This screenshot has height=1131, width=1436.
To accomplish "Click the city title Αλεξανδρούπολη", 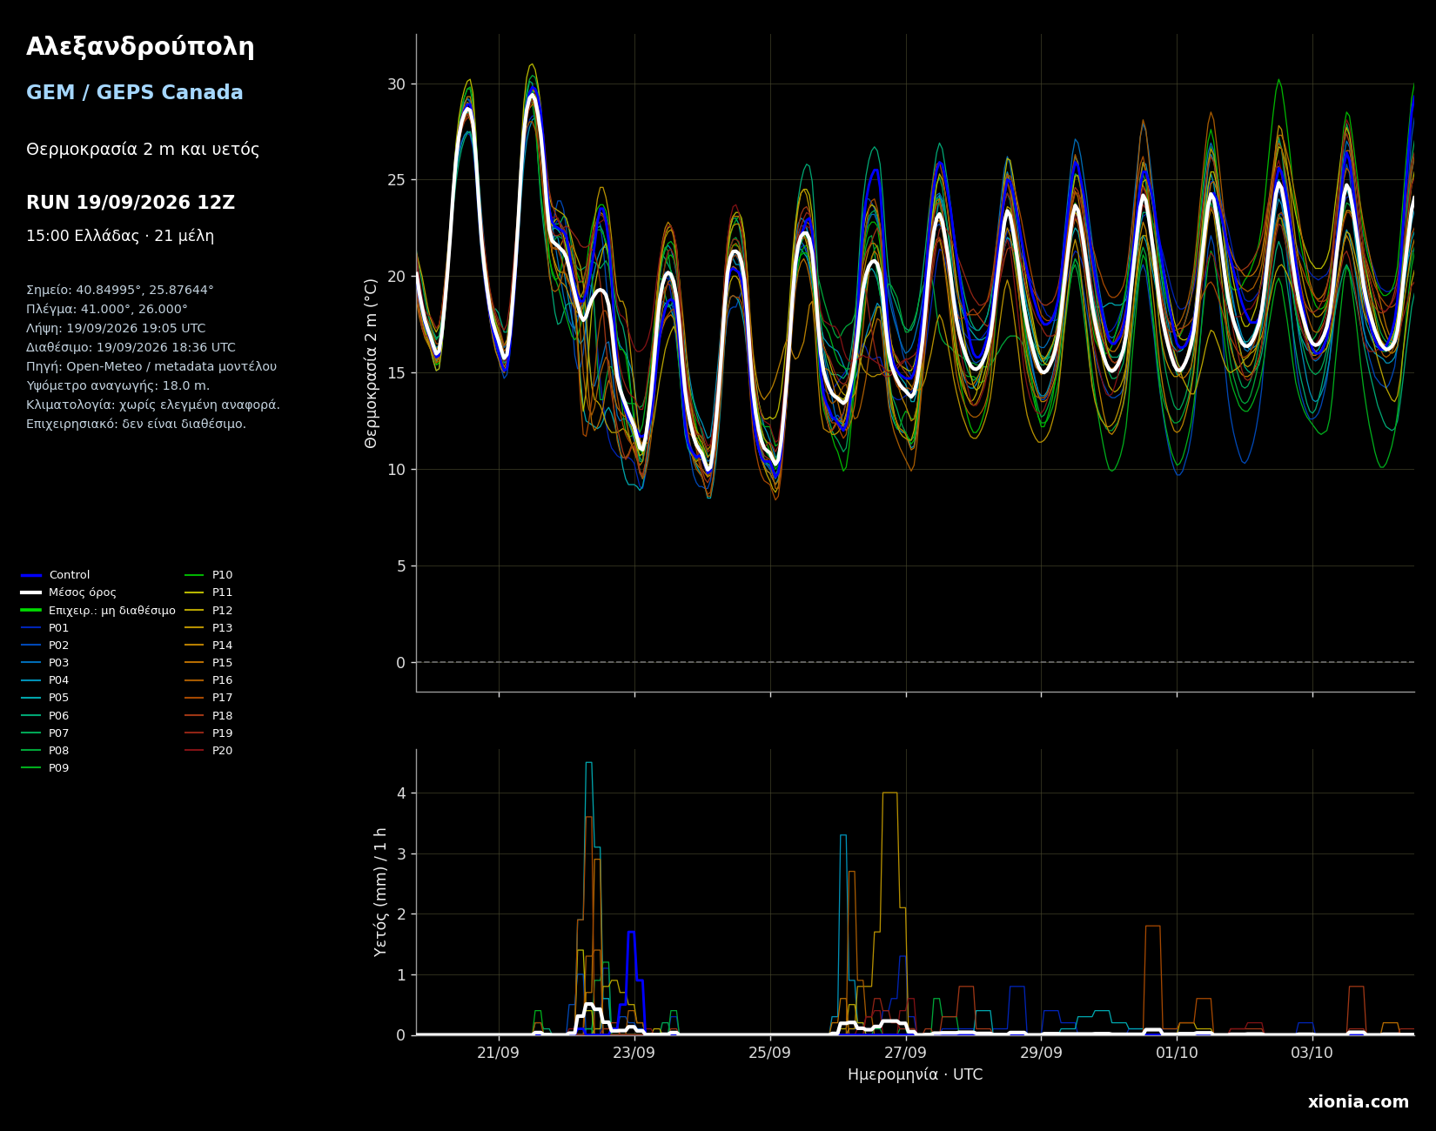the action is (140, 48).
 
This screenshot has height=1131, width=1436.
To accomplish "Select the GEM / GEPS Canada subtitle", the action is (135, 93).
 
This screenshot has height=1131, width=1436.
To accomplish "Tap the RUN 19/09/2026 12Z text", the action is (131, 203).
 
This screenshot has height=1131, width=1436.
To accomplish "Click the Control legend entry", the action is (56, 575).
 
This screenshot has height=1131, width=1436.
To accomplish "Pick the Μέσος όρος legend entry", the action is (69, 592).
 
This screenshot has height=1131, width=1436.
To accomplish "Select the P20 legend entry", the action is (209, 751).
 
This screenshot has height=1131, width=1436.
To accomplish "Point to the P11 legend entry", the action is (209, 592).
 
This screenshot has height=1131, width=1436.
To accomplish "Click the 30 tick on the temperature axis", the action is (396, 84).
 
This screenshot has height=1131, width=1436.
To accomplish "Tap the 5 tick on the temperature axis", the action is (400, 566).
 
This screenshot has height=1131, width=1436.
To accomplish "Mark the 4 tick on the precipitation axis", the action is (401, 793).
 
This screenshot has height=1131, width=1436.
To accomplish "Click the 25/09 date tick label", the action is (770, 1053).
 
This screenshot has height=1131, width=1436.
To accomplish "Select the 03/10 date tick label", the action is (1312, 1053).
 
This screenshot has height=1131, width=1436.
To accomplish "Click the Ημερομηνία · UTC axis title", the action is (915, 1075).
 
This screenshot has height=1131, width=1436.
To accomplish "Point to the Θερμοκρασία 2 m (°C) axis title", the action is (372, 363).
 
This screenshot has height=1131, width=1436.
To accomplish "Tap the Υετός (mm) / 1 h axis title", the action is (380, 892).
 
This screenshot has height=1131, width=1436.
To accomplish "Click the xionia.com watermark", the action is (1359, 1102).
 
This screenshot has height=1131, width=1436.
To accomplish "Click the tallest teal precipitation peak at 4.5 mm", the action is (588, 763).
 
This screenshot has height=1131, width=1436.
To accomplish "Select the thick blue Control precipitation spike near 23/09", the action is (631, 933).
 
